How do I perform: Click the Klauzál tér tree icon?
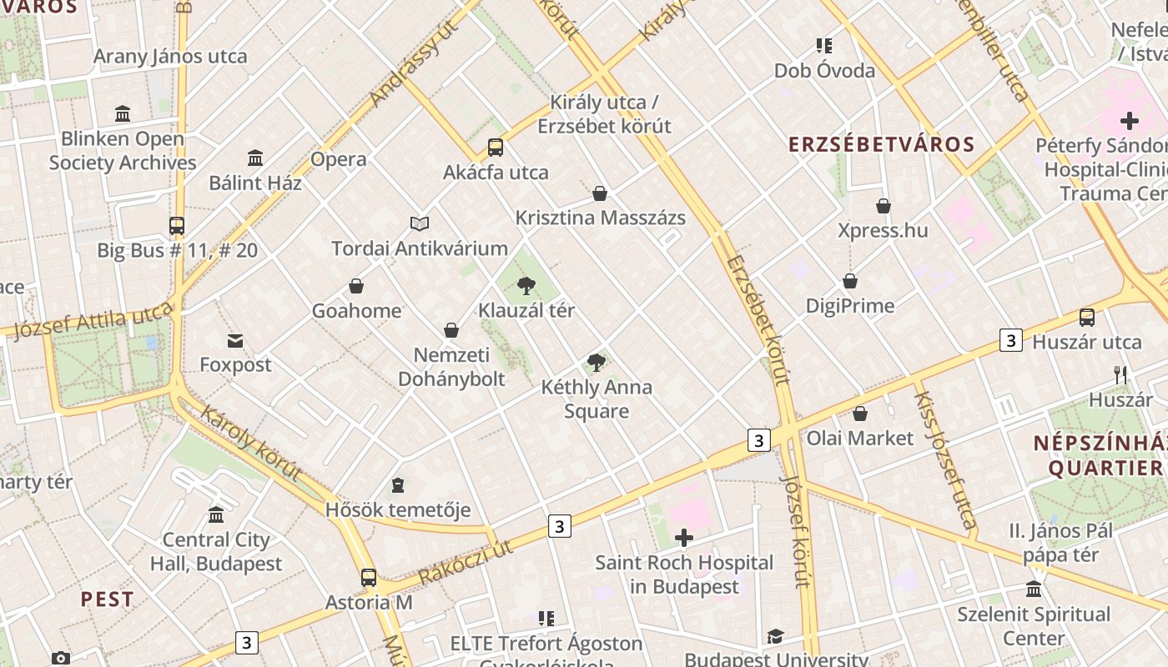point(526,286)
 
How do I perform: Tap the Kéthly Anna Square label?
point(597,399)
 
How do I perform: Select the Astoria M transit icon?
point(368,577)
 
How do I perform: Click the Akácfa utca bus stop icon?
point(496,148)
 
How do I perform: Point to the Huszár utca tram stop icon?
point(1086,317)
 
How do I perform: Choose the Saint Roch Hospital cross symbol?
point(684,538)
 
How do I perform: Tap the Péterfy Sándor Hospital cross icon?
point(1130,121)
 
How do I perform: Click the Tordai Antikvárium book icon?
point(420,223)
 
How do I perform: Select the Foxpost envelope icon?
point(235,340)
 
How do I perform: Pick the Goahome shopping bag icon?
point(356,286)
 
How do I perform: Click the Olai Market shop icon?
point(860,413)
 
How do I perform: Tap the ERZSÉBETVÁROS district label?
point(882,144)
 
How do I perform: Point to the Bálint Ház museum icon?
point(255,158)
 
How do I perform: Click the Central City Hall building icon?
point(216,514)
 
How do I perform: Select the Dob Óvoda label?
point(824,70)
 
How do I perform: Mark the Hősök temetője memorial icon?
point(398,484)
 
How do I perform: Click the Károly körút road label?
point(250,444)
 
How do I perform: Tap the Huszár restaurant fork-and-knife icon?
point(1120,375)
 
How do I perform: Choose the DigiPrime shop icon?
point(850,281)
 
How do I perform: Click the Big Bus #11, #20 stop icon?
point(177,225)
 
